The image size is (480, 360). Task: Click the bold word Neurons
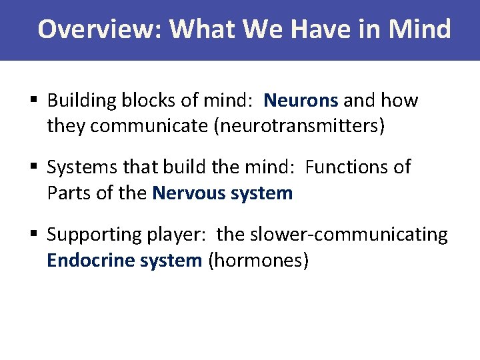(301, 101)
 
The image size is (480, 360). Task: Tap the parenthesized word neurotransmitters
(299, 126)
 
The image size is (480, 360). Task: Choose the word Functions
(358, 167)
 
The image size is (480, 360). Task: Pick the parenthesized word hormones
(259, 260)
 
